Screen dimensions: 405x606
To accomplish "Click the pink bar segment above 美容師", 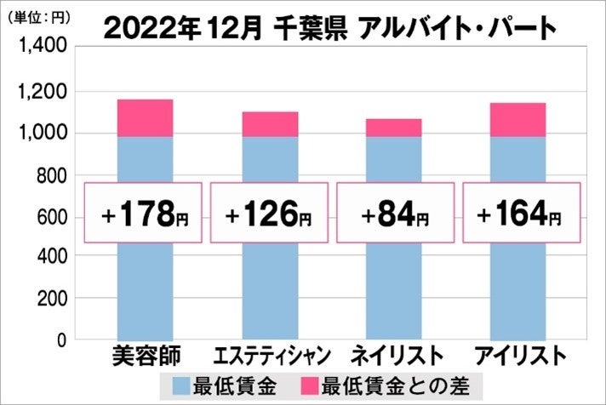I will [145, 117].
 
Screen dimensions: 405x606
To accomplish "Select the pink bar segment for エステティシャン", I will [270, 123].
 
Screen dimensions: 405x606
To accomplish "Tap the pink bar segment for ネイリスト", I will [394, 127].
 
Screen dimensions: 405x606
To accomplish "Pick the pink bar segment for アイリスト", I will [518, 119].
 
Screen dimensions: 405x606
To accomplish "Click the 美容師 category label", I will [145, 355].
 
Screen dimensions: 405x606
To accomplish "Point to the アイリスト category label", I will [520, 355].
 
